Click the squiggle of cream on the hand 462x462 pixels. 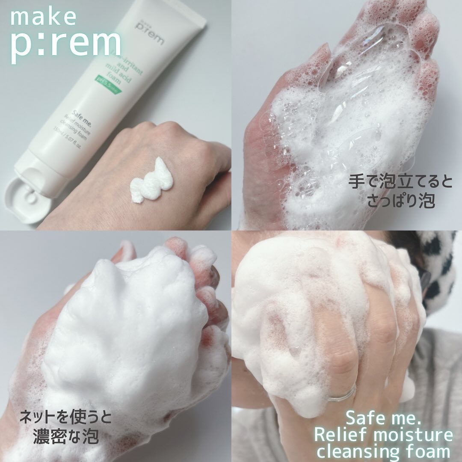152,182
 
